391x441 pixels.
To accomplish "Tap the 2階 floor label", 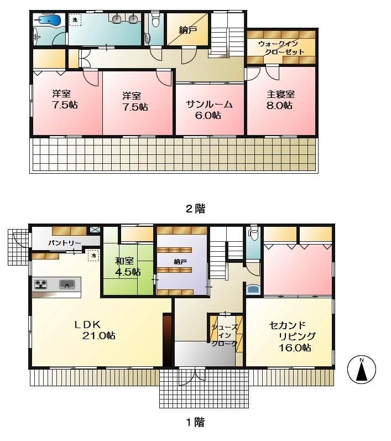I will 195,209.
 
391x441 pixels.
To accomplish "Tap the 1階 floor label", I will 195,422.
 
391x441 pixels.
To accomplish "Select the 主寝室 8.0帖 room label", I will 280,100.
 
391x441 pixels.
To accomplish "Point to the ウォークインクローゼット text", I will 281,48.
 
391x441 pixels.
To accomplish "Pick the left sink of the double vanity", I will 117,19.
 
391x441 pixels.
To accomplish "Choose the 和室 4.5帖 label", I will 128,266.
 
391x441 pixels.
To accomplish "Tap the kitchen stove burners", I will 41,285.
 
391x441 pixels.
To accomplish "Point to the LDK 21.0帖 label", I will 95,330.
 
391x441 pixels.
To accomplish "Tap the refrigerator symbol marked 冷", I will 93,255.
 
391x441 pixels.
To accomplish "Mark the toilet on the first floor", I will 253,235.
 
